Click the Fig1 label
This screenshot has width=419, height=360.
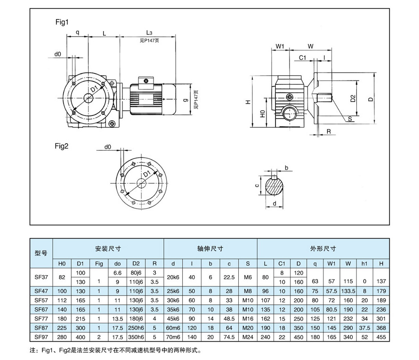(x=62, y=22)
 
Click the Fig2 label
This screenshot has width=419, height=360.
(x=62, y=146)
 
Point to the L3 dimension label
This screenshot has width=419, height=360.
(x=148, y=33)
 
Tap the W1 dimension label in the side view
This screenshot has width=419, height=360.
(x=280, y=46)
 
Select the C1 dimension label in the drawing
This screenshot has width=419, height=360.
(x=303, y=57)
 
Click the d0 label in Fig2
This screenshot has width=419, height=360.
(x=107, y=147)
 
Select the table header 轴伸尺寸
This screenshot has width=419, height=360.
(x=210, y=248)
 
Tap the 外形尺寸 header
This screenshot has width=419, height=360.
(x=323, y=248)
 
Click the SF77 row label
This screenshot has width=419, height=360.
(x=41, y=318)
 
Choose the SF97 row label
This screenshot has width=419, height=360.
(x=41, y=337)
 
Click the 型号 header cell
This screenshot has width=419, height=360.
(x=41, y=253)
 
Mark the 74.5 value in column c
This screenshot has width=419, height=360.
(x=229, y=337)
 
